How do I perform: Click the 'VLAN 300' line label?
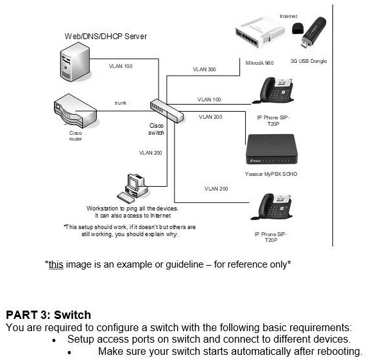tap(204, 69)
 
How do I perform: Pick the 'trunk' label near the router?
tap(121, 103)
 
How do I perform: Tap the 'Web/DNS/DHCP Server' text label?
tap(106, 37)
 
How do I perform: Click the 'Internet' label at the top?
tap(289, 15)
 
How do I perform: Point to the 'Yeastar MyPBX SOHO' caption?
tap(271, 174)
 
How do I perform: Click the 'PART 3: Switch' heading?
tap(48, 315)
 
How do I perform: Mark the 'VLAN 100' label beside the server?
tap(121, 66)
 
